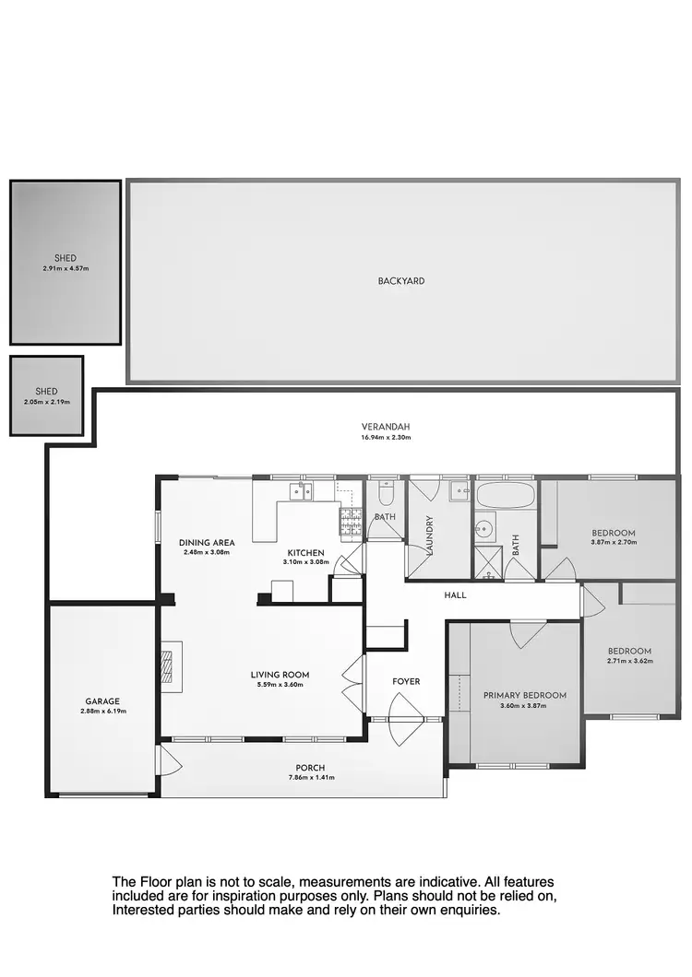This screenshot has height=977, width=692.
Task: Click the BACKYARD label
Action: click(401, 280)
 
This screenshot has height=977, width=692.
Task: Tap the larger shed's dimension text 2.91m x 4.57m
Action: click(66, 268)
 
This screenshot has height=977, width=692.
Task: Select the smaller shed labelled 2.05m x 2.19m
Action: click(47, 396)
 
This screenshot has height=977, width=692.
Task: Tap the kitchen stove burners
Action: click(352, 524)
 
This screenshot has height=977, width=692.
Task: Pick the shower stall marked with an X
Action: click(486, 561)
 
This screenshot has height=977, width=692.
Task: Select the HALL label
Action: click(455, 595)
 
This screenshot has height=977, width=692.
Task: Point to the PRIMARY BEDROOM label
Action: click(524, 696)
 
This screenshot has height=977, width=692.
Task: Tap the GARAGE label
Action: click(103, 700)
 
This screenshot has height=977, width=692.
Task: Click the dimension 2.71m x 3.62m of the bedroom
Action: click(629, 661)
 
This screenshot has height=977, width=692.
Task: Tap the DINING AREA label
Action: click(204, 543)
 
